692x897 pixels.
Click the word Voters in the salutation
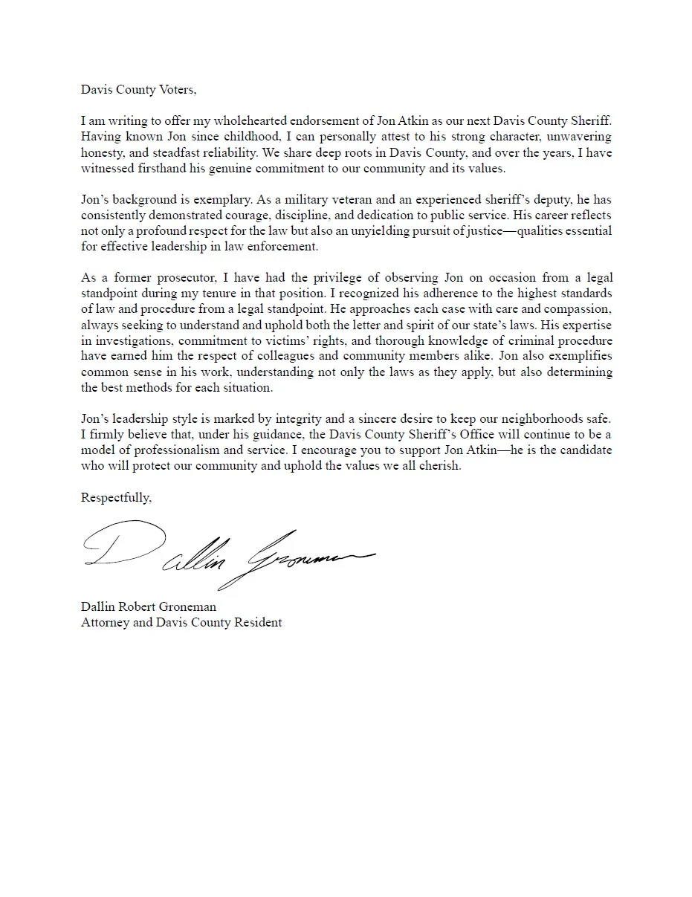pyautogui.click(x=177, y=90)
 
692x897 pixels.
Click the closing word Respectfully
pyautogui.click(x=115, y=498)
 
